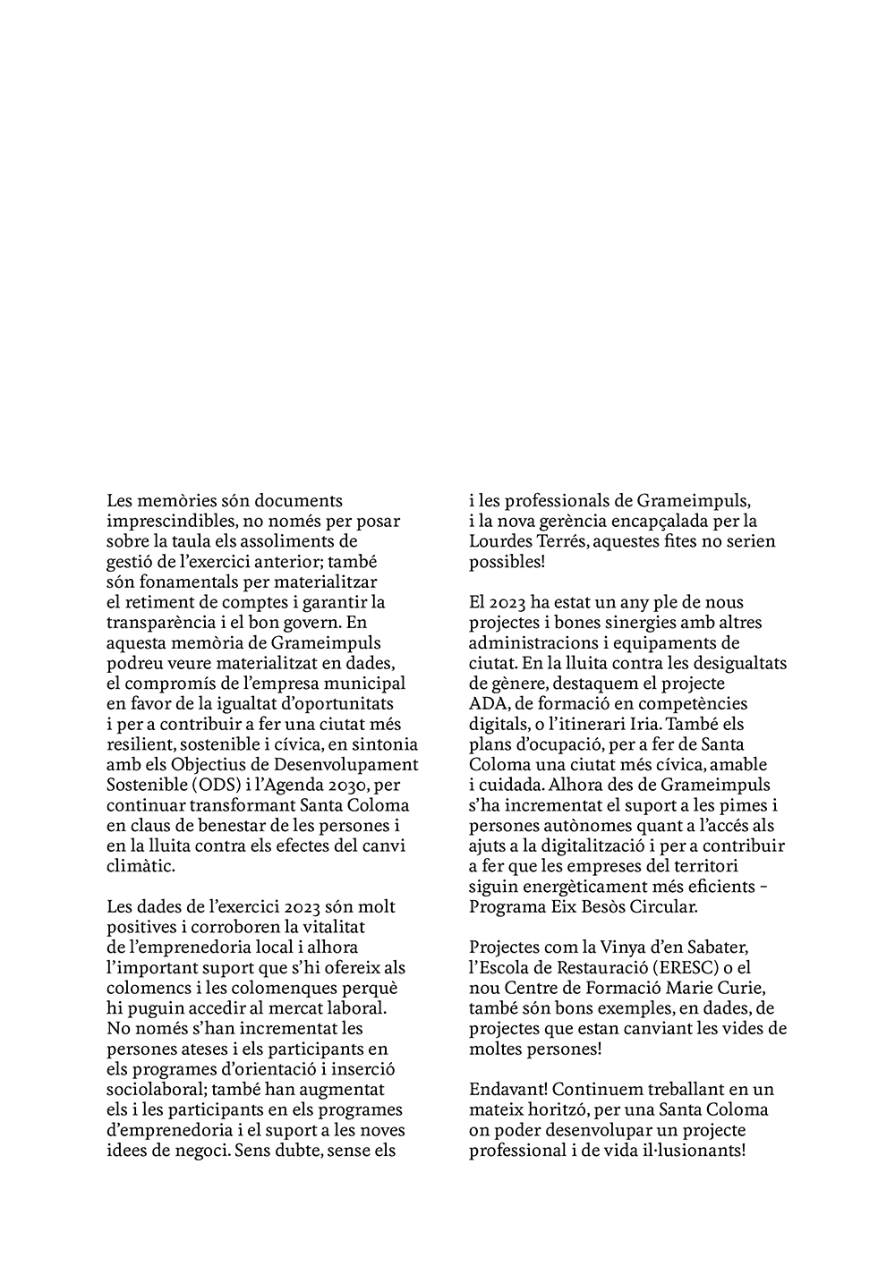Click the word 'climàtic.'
141,866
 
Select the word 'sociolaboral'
156,1089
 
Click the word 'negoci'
200,1150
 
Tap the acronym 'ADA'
488,703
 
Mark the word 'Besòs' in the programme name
601,906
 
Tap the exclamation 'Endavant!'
507,1089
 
